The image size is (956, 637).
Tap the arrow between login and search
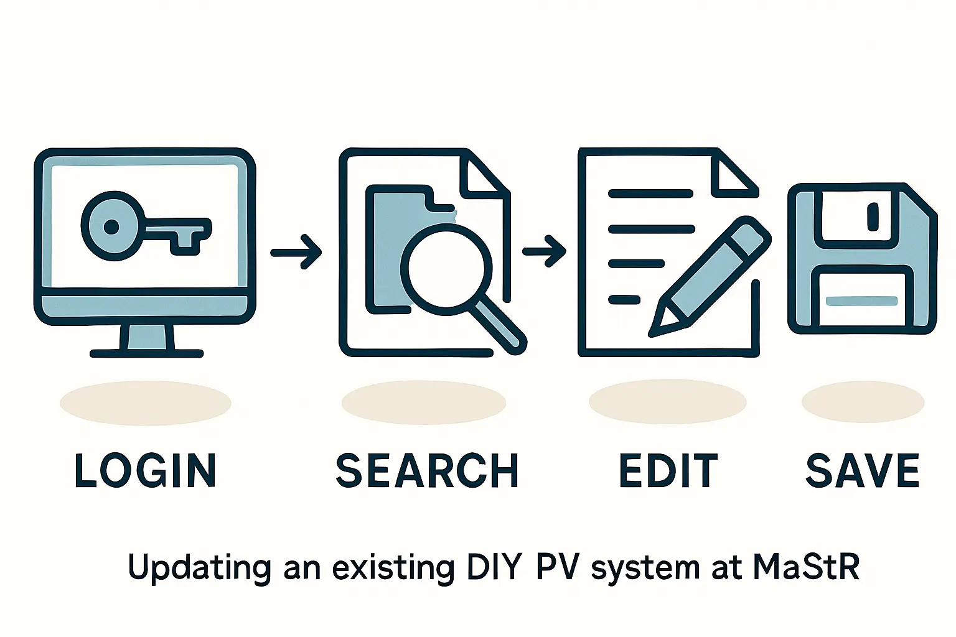click(x=297, y=252)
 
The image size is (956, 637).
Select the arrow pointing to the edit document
click(x=545, y=251)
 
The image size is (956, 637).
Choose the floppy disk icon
click(x=862, y=258)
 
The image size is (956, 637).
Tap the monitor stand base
click(x=147, y=353)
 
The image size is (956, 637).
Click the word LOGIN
click(x=145, y=470)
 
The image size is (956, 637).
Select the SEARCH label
click(x=427, y=470)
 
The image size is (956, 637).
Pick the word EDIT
click(x=668, y=470)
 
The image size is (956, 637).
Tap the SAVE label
click(x=863, y=470)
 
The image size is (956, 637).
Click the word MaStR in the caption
click(x=806, y=567)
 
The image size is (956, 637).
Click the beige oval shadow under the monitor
click(x=146, y=403)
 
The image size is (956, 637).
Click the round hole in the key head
click(x=111, y=227)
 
